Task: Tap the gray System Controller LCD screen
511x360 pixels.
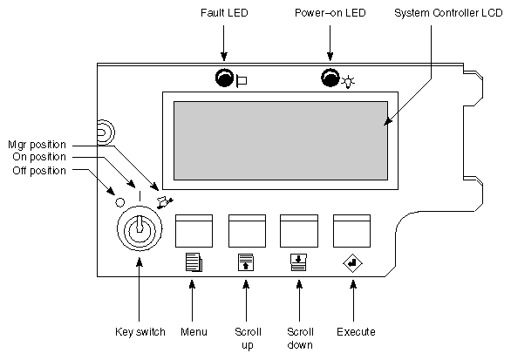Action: click(x=281, y=139)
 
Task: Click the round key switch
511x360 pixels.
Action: click(x=139, y=231)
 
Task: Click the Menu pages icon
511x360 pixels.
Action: click(x=193, y=262)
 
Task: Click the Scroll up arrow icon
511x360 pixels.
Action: click(x=246, y=262)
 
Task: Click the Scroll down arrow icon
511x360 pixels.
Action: click(x=298, y=262)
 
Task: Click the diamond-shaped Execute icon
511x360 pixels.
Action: click(x=352, y=262)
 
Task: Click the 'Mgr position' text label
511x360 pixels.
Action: click(x=37, y=143)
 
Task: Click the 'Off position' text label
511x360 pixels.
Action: click(x=38, y=171)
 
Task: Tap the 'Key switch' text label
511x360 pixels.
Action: click(x=139, y=332)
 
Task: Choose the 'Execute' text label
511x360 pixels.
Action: click(x=354, y=332)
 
